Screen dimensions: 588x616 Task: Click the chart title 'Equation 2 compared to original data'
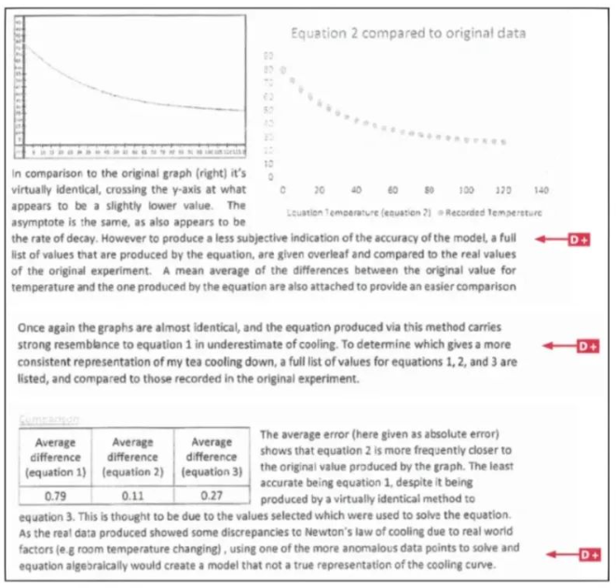coord(408,33)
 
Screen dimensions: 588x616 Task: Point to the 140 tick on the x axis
coord(541,189)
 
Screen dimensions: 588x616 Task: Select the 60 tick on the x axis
coord(393,189)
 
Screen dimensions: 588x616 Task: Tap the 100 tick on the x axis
coord(467,189)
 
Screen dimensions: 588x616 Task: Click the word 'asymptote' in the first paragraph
coord(37,224)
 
